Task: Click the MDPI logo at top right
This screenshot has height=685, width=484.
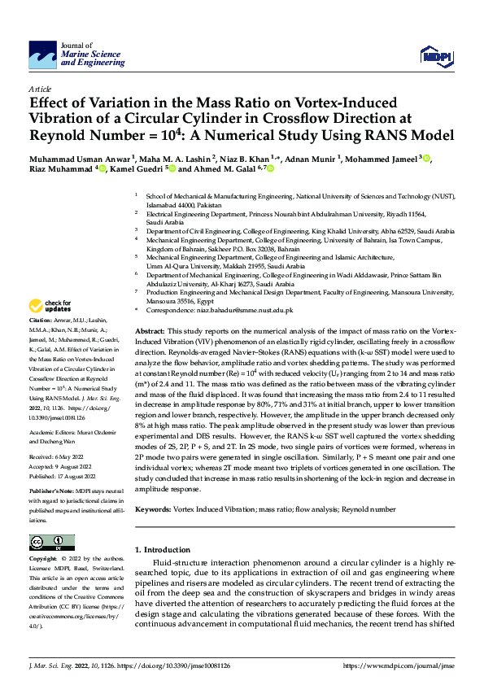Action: click(x=436, y=54)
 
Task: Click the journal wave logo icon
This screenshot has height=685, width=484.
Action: click(x=41, y=55)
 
